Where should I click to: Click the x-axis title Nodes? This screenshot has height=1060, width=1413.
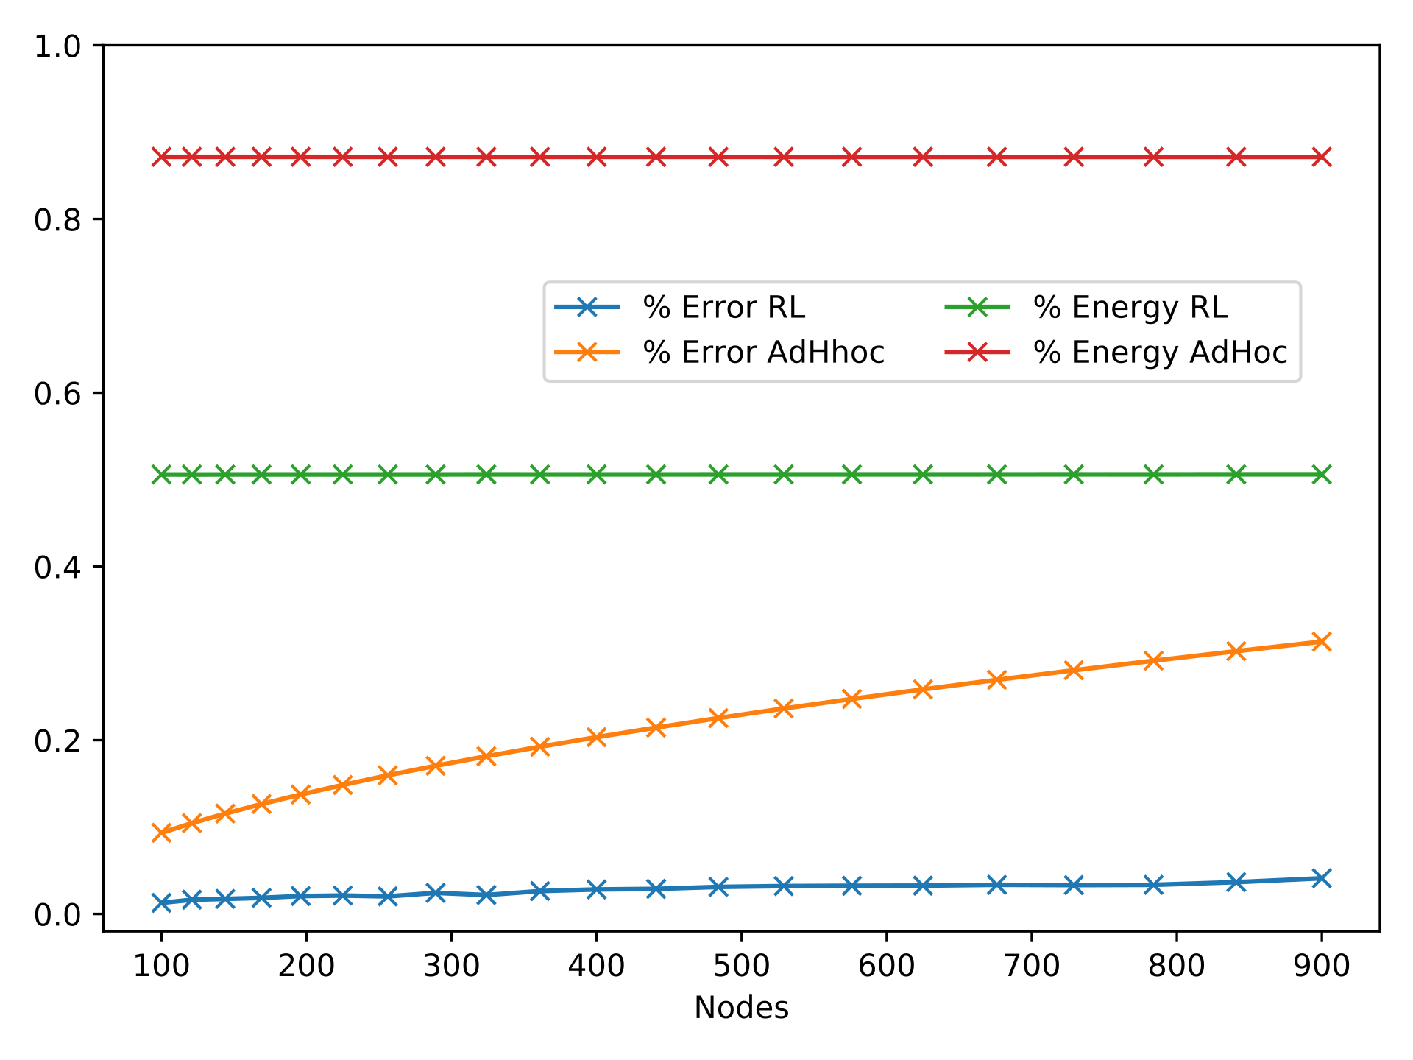click(x=741, y=1008)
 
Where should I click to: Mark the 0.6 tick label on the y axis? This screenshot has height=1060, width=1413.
click(x=57, y=393)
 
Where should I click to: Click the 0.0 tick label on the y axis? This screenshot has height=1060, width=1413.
click(x=57, y=914)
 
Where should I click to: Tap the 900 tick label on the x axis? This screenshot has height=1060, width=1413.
click(x=1322, y=966)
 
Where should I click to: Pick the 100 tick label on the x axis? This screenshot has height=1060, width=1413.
click(x=161, y=966)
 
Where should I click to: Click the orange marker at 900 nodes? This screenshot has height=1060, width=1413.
click(x=1322, y=642)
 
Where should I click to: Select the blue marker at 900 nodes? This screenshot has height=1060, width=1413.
click(x=1322, y=878)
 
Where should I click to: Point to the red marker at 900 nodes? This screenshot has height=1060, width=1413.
click(x=1322, y=157)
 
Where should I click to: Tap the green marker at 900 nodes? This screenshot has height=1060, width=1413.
click(x=1322, y=475)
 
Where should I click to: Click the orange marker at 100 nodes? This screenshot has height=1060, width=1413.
click(x=161, y=833)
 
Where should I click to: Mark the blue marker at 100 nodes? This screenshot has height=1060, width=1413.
click(x=161, y=902)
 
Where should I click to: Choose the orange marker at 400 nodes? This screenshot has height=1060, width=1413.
click(x=597, y=737)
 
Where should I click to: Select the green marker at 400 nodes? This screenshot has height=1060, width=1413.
click(x=597, y=475)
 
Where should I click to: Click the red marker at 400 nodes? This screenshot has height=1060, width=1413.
click(x=597, y=157)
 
